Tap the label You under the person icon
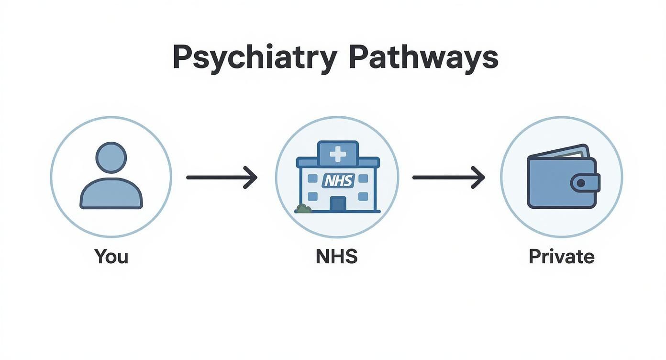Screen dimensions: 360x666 [x=111, y=257]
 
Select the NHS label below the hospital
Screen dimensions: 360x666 [x=337, y=257]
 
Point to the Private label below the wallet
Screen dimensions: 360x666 [x=561, y=257]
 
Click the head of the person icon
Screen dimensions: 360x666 [x=111, y=157]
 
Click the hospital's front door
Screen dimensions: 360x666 [x=338, y=204]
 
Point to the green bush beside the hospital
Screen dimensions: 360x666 [x=303, y=209]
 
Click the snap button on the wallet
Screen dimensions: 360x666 [x=581, y=183]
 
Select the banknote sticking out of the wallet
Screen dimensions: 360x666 [x=565, y=153]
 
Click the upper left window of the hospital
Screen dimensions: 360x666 [x=312, y=179]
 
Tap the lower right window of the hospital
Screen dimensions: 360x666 [x=363, y=196]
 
